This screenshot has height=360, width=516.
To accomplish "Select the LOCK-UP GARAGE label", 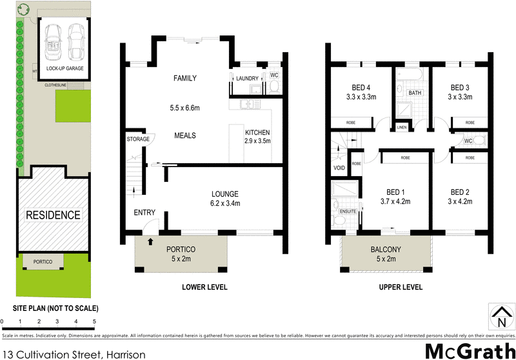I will pyautogui.click(x=65, y=68).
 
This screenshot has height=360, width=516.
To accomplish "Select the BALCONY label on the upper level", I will pyautogui.click(x=386, y=250).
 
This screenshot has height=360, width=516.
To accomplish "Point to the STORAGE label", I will pyautogui.click(x=138, y=139).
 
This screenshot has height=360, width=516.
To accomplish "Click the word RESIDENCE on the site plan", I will pyautogui.click(x=53, y=215).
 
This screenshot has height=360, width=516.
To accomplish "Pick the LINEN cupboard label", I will pyautogui.click(x=402, y=127).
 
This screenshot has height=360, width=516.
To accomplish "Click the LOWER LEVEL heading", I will pyautogui.click(x=205, y=287).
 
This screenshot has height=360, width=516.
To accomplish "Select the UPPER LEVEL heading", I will pyautogui.click(x=401, y=287).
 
